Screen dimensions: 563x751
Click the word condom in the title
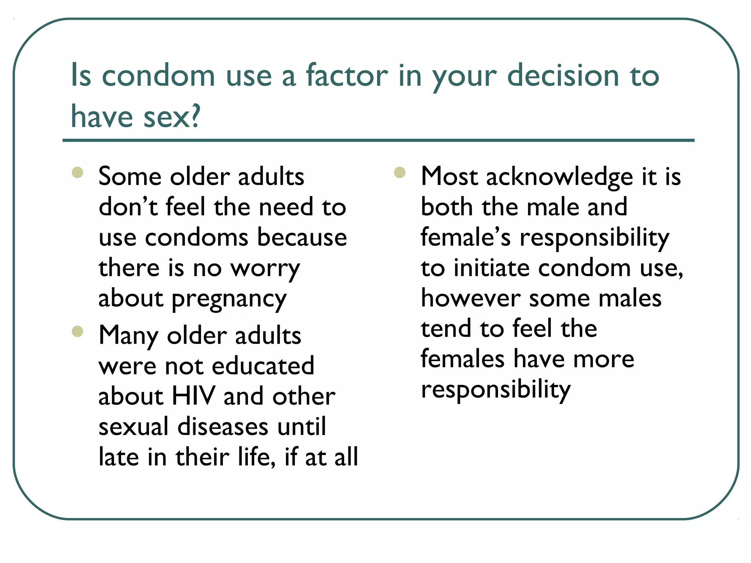coord(158,76)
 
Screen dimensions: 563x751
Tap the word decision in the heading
coord(563,76)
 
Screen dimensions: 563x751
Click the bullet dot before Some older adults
coord(78,172)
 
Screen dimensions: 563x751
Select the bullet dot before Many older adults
coord(78,331)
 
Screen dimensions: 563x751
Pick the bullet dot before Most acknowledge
coord(400,172)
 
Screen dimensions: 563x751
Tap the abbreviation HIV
coord(193,396)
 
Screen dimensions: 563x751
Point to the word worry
coord(265,268)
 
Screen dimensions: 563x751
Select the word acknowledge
coord(559,177)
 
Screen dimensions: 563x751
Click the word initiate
coord(492,268)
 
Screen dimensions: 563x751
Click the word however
coord(470,298)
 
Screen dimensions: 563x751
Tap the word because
coord(302,238)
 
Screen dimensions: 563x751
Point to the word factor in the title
coord(347,76)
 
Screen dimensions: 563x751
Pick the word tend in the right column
coord(446,328)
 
